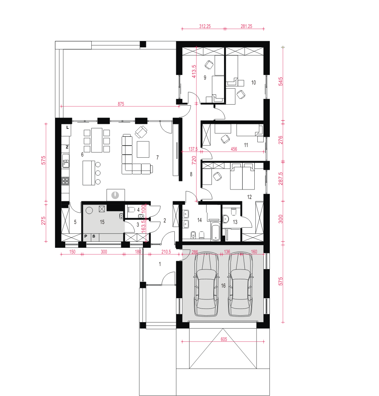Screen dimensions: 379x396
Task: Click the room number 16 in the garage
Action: click(x=223, y=286)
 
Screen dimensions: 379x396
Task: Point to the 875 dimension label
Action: click(x=121, y=104)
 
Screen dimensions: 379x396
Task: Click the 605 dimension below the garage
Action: click(x=224, y=339)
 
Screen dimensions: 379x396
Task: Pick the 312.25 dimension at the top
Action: click(x=205, y=26)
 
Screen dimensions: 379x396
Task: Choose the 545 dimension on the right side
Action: click(x=281, y=81)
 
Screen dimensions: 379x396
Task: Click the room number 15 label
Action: click(x=102, y=222)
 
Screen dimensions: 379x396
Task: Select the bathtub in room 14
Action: click(x=215, y=230)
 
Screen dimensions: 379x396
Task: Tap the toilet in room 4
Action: click(x=131, y=209)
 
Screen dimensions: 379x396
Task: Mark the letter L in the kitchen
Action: click(x=67, y=128)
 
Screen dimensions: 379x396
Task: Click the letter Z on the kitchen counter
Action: click(x=67, y=147)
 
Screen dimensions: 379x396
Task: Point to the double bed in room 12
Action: click(x=242, y=176)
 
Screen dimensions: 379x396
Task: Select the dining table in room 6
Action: click(x=97, y=140)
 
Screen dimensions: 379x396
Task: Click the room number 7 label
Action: click(x=157, y=158)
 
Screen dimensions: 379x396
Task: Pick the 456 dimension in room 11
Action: click(x=234, y=149)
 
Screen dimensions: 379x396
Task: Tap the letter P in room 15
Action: click(x=86, y=236)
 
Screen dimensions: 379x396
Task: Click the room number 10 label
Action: click(x=254, y=83)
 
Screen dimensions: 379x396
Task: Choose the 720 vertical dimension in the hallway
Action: click(x=194, y=160)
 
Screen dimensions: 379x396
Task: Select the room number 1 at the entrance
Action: click(x=160, y=264)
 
